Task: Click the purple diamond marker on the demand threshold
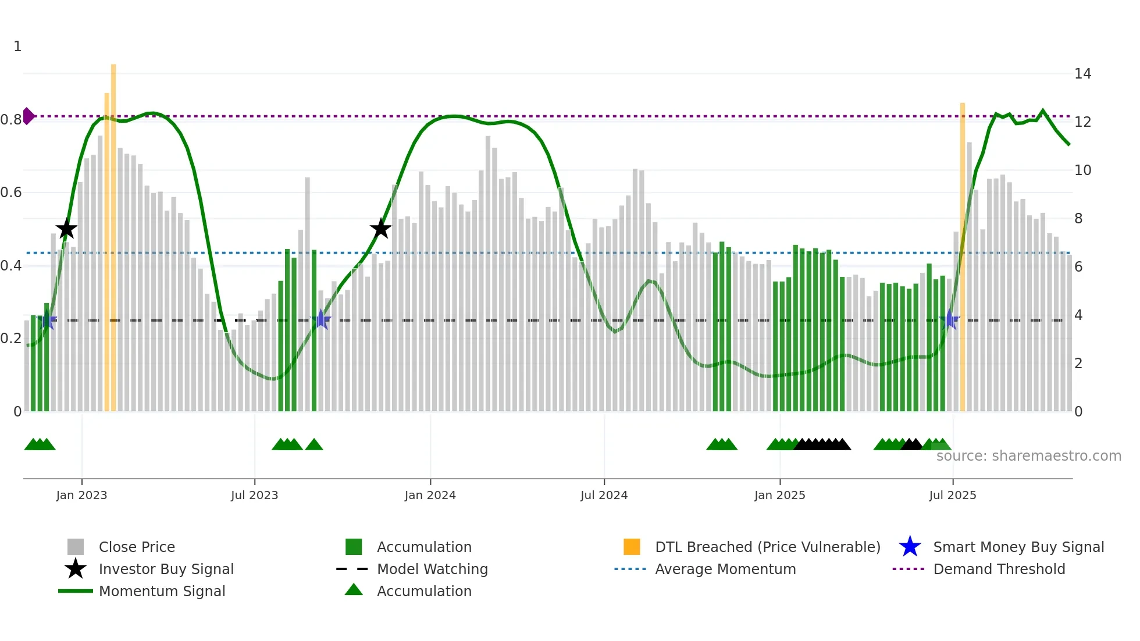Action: tap(28, 116)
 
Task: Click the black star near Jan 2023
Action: tap(66, 229)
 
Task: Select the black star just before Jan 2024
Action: tap(380, 229)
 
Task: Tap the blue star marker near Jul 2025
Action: tap(949, 320)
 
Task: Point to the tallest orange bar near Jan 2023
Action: tap(113, 233)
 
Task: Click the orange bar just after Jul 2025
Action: tap(963, 256)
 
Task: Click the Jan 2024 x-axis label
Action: tap(430, 495)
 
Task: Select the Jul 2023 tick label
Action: tap(254, 495)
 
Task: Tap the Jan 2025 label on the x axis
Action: tap(779, 495)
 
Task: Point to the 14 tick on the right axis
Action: tap(1082, 74)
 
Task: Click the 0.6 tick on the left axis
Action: tap(12, 193)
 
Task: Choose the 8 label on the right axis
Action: tap(1078, 219)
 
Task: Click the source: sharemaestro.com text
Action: tap(1028, 456)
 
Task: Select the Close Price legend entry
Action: tap(137, 547)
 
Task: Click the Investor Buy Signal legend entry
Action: tap(166, 569)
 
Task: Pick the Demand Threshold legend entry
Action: tap(999, 569)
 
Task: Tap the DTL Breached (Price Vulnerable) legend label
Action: tap(767, 547)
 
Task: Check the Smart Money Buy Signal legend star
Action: tap(910, 547)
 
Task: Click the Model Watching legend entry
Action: tap(432, 569)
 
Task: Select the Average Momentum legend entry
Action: tap(725, 569)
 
